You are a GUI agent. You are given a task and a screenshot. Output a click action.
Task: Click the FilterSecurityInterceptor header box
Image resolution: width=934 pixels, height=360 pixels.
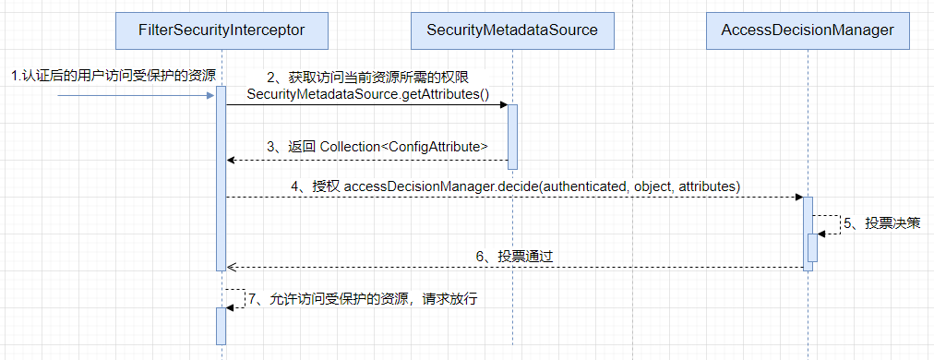[222, 30]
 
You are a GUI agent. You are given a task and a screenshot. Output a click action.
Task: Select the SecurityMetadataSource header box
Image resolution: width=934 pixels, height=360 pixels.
[512, 30]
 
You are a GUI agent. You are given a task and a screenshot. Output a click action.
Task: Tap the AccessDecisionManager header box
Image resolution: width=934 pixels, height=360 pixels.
[808, 30]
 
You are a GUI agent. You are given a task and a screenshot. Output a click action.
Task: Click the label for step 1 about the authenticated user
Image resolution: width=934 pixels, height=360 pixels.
[113, 76]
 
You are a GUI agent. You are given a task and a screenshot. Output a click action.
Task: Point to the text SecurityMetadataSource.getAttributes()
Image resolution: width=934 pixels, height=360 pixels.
[367, 95]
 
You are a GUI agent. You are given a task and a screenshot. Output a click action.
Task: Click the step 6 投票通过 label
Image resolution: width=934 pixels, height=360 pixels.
[524, 256]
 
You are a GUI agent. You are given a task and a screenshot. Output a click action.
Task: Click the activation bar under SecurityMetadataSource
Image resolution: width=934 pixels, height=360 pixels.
[512, 136]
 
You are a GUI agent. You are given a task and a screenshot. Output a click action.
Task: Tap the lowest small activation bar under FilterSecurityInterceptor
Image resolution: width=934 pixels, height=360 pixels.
[222, 325]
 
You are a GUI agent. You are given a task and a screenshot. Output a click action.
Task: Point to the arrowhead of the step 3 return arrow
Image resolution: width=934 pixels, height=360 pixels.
[232, 161]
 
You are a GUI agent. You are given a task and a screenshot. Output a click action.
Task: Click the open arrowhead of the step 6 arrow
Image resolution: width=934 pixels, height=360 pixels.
[232, 267]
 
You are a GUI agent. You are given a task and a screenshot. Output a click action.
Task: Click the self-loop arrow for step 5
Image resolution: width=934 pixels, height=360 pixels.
[829, 224]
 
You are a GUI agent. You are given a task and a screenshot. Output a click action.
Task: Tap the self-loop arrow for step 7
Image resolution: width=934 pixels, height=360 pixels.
[238, 298]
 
